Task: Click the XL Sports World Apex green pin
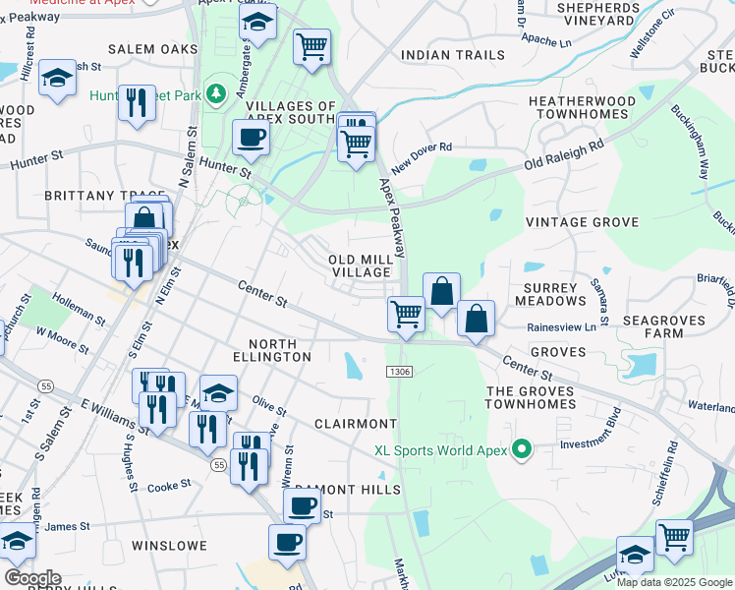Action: pos(522,450)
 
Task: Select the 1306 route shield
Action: pos(399,371)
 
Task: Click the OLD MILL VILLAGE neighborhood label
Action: pos(360,265)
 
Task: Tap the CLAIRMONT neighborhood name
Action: pos(355,424)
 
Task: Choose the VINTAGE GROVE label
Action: pos(582,222)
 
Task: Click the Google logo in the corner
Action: pos(32,577)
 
